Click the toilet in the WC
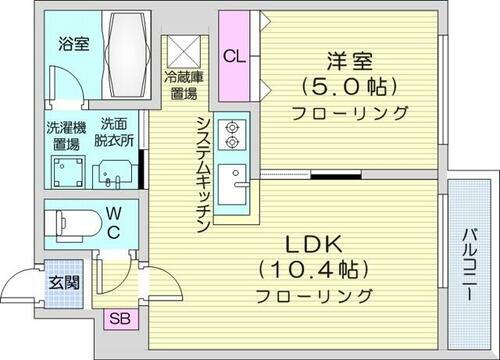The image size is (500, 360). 76,221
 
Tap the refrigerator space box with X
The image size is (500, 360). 184,50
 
